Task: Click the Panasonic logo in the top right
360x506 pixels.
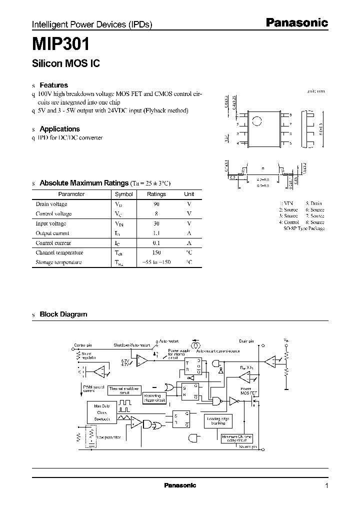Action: (296, 22)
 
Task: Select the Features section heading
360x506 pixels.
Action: (53, 85)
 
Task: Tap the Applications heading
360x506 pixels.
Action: (59, 129)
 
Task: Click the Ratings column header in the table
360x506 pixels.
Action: (156, 194)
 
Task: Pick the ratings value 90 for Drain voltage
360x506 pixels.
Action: (156, 204)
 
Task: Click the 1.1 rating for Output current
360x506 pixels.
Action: (156, 233)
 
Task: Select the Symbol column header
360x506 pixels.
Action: (124, 194)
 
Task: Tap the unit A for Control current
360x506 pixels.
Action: (189, 243)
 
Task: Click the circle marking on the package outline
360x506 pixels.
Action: (256, 120)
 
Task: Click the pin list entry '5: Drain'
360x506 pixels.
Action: (314, 203)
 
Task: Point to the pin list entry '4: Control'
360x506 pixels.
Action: (289, 222)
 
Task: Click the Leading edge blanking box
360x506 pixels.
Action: (218, 421)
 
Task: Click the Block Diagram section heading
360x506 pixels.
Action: (63, 314)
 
